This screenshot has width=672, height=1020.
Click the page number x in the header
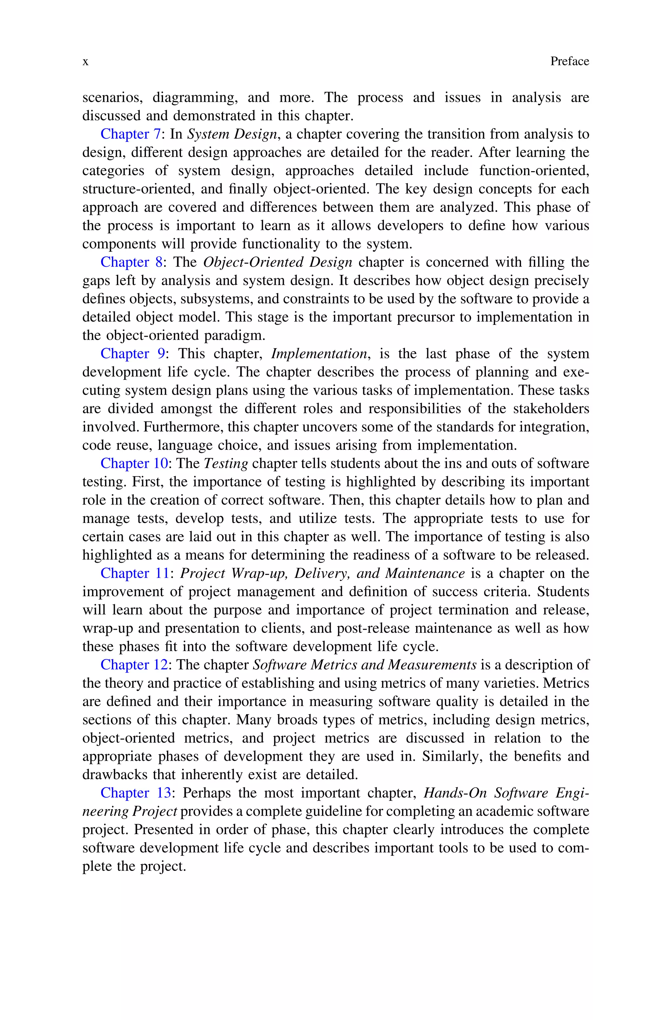[x=85, y=62]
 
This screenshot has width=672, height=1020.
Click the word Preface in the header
[x=569, y=61]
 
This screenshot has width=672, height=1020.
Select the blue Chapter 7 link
[x=130, y=134]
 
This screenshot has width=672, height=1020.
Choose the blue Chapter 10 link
[x=134, y=463]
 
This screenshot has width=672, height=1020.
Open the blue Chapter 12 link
[x=134, y=665]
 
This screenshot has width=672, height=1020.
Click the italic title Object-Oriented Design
[x=277, y=262]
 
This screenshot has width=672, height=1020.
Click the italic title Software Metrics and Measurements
[x=364, y=665]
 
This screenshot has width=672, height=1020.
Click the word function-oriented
[x=534, y=171]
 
